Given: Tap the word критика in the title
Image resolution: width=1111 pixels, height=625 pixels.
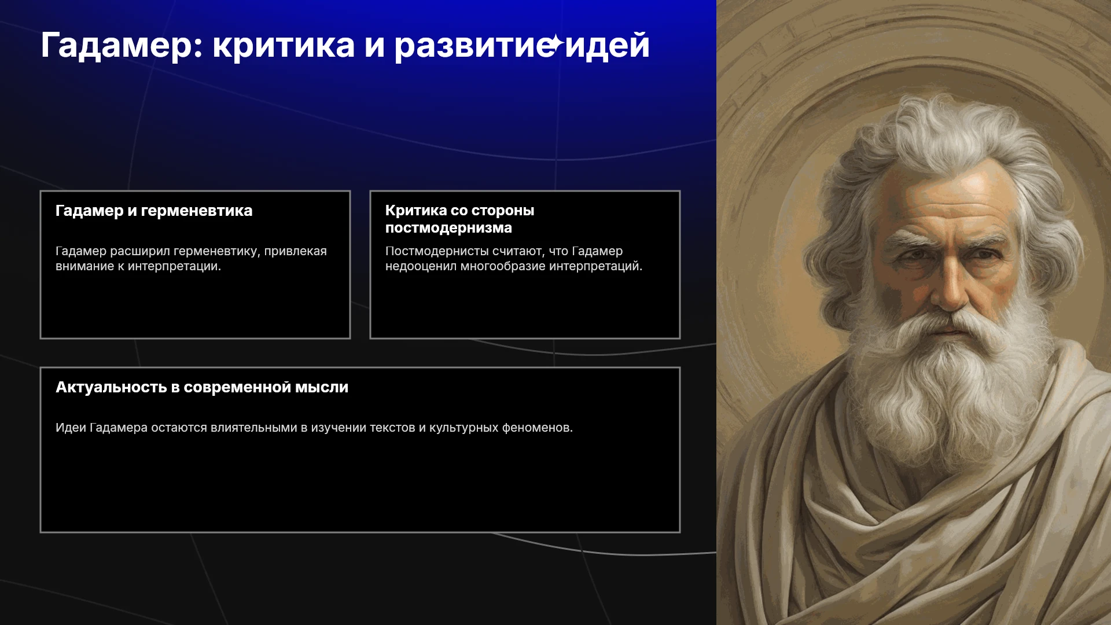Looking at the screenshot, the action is coord(284,45).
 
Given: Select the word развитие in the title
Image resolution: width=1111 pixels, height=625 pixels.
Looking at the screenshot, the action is coord(473,46).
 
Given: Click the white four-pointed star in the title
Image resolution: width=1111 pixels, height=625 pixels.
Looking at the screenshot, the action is coord(555,43).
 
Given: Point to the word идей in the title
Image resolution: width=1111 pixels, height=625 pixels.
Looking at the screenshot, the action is coord(607,45).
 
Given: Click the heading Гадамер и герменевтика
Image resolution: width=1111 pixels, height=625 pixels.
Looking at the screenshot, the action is coord(154,211).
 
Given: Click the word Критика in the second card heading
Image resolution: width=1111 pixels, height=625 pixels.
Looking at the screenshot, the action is coord(416,211).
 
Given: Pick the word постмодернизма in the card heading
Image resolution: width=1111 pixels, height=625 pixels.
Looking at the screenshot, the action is coord(448,228).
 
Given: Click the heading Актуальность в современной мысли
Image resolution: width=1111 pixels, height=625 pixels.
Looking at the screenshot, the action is coord(202,387).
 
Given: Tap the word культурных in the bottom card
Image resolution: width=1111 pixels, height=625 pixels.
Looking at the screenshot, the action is coord(463,428).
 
